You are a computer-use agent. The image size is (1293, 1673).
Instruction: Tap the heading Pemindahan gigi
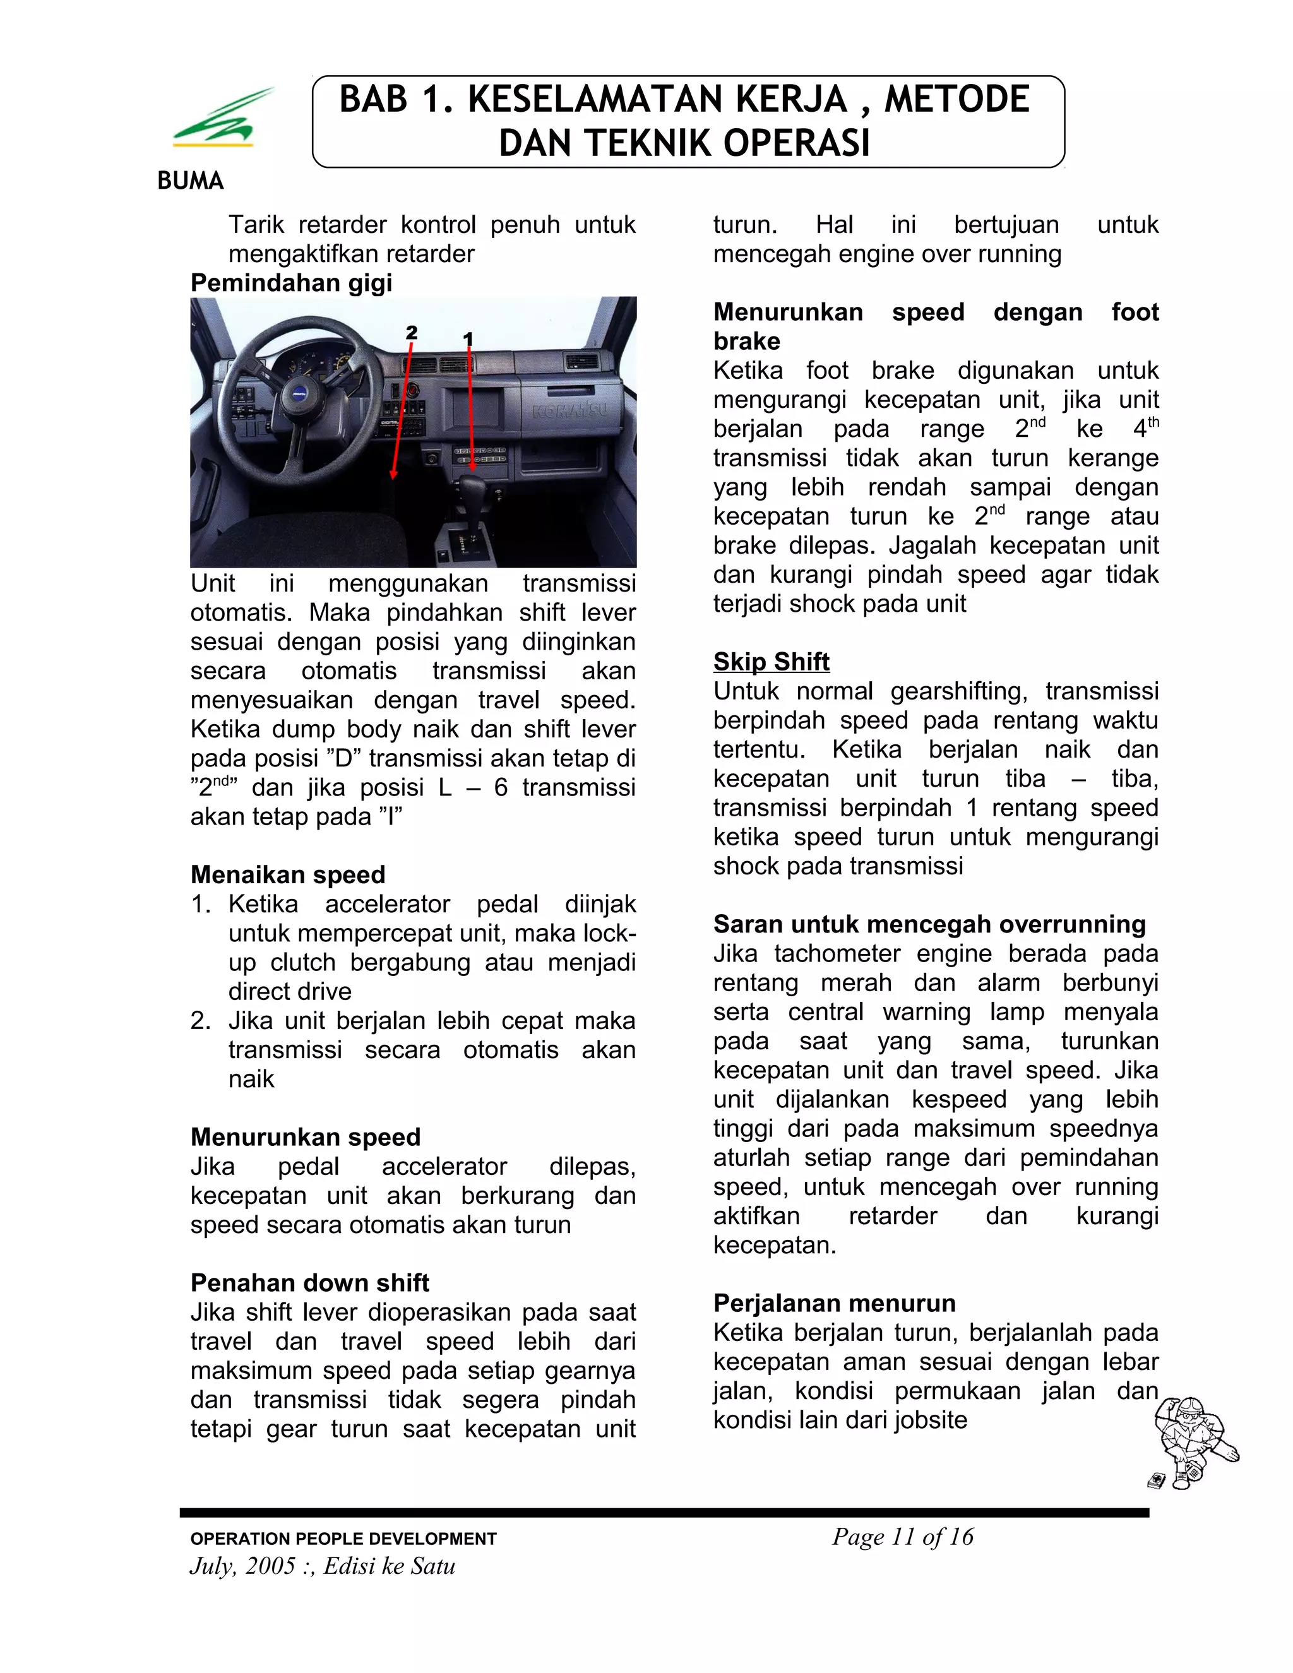(x=291, y=283)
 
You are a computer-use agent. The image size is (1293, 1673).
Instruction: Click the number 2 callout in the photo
(x=412, y=333)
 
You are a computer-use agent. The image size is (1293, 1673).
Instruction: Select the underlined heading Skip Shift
(x=771, y=661)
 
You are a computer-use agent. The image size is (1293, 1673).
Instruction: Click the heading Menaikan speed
(x=287, y=874)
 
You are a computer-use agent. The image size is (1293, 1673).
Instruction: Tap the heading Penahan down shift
(x=309, y=1282)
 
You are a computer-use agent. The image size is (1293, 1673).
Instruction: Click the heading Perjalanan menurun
(x=834, y=1303)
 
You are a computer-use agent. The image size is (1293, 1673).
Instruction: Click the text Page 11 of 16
(x=902, y=1537)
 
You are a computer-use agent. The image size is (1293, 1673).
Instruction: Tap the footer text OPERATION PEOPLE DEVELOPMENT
(x=343, y=1539)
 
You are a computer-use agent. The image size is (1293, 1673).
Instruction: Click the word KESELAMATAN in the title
(x=657, y=100)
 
